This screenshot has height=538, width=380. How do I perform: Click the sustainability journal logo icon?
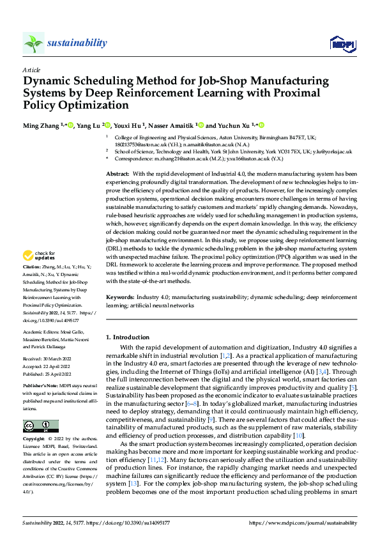point(33,43)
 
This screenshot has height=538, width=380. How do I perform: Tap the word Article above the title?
point(31,70)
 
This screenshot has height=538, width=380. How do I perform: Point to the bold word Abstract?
point(118,174)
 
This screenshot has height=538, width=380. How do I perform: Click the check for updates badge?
point(40,256)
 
